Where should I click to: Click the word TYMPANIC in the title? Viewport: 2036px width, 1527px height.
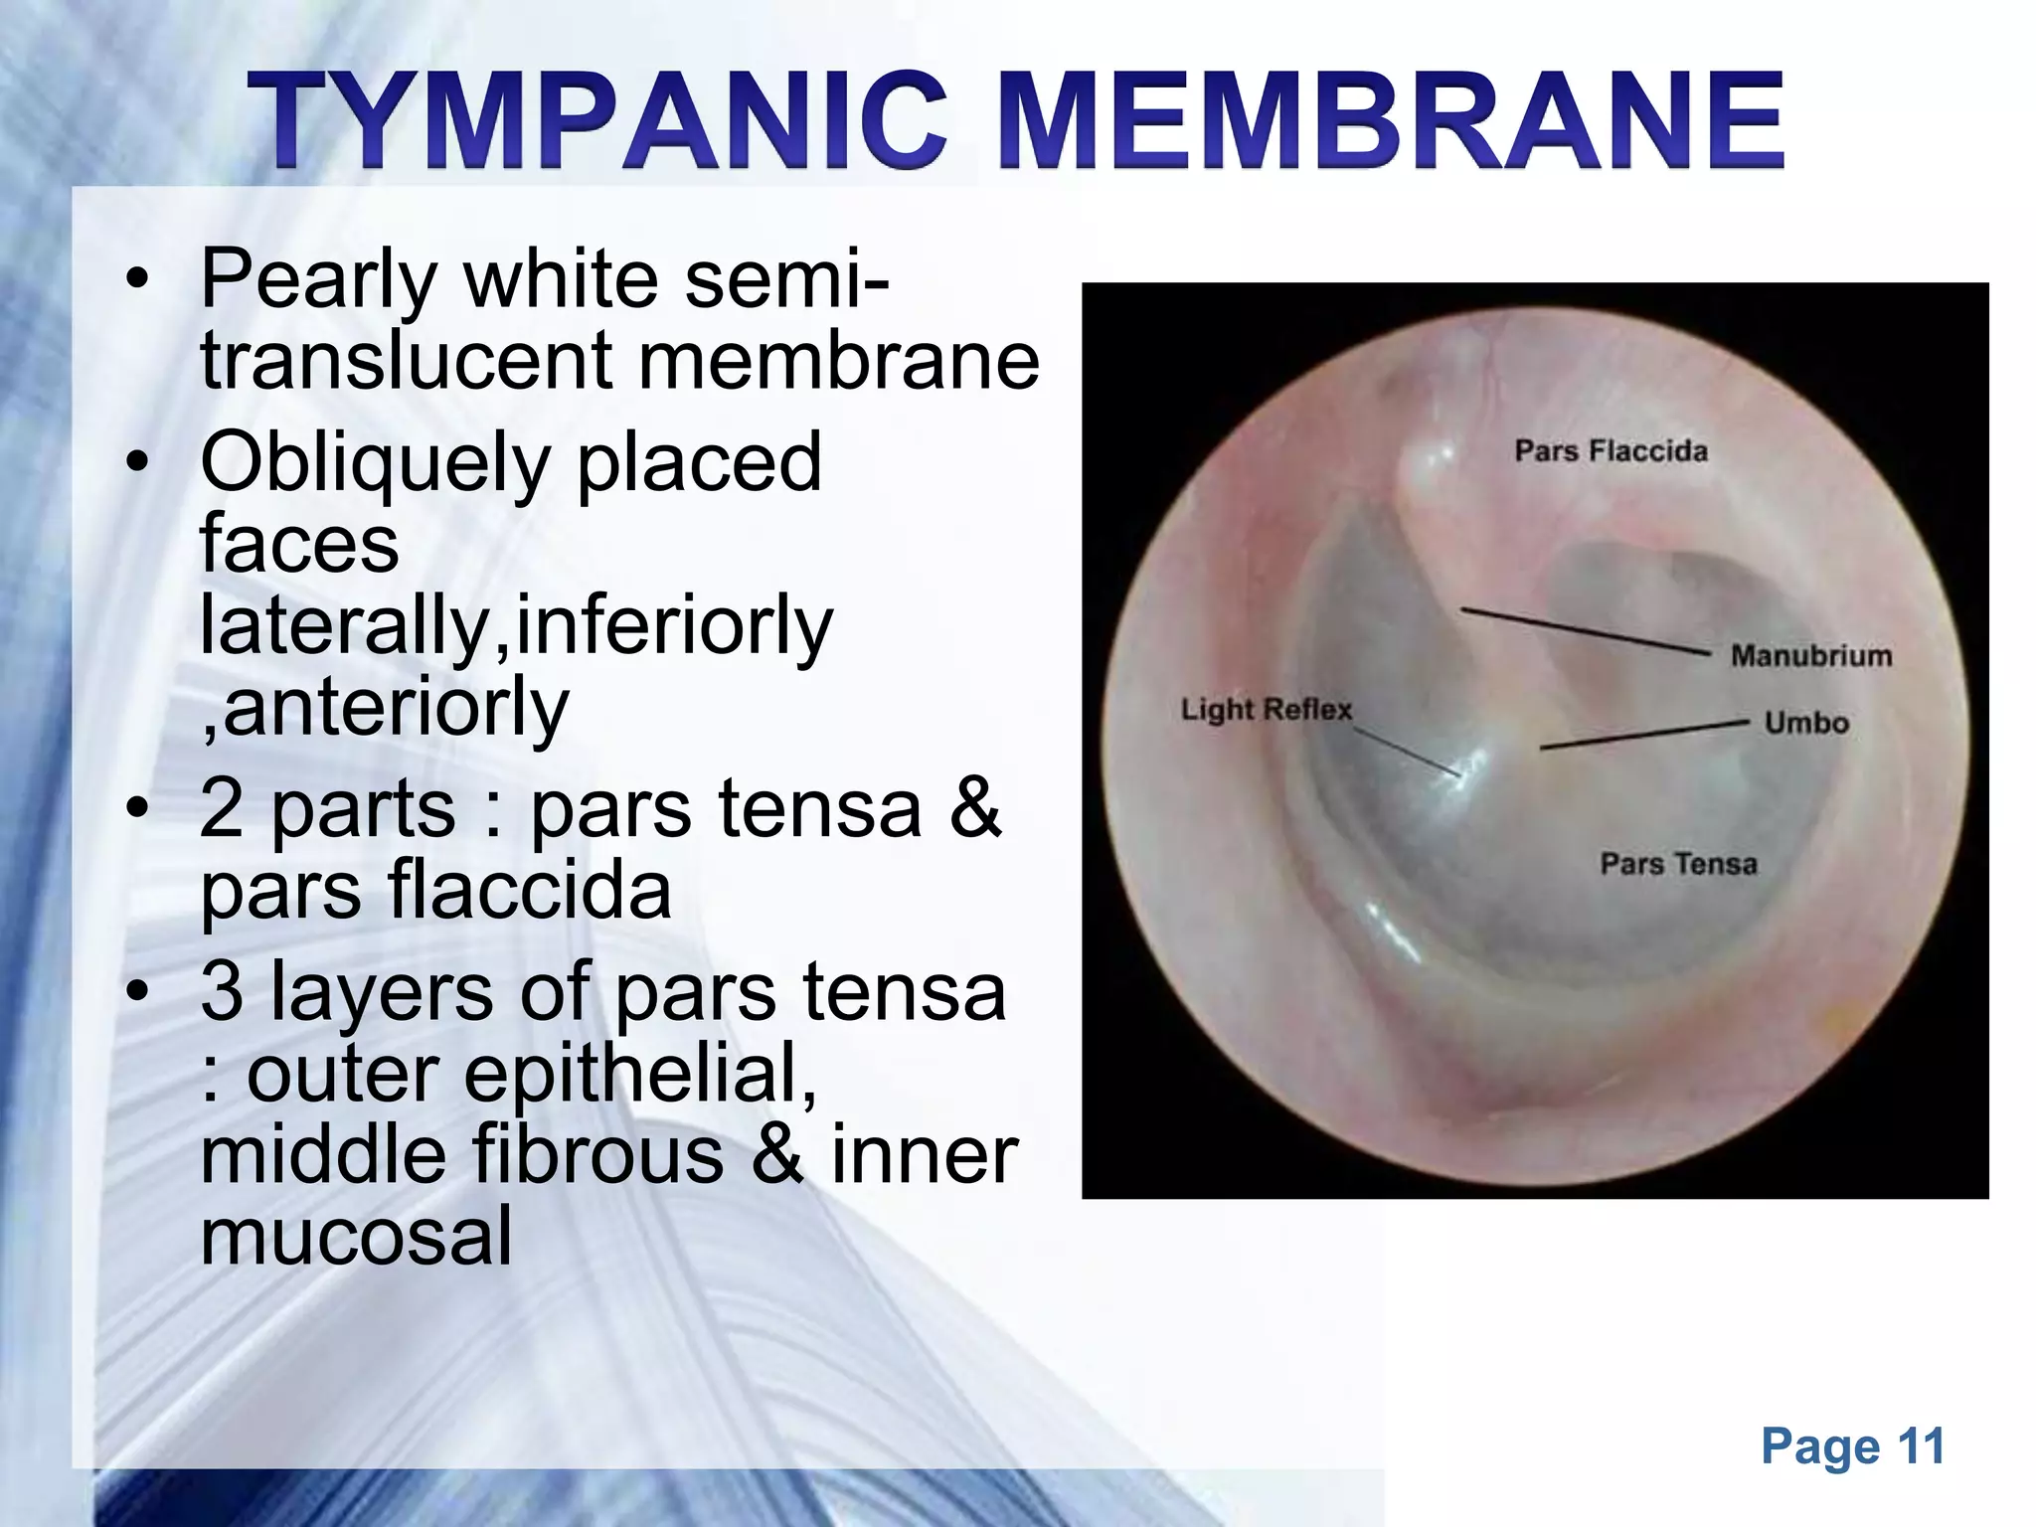click(x=596, y=121)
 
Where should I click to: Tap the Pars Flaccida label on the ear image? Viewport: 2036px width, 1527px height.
click(x=1611, y=451)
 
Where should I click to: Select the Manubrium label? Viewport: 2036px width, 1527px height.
click(x=1810, y=656)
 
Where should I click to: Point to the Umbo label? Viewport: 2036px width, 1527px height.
click(x=1805, y=723)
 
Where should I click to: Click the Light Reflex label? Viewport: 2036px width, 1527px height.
click(x=1266, y=710)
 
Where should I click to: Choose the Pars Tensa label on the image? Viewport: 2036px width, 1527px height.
click(x=1678, y=864)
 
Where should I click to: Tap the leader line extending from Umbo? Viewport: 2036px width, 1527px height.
click(x=1644, y=734)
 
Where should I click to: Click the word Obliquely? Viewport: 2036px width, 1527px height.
click(x=375, y=463)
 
